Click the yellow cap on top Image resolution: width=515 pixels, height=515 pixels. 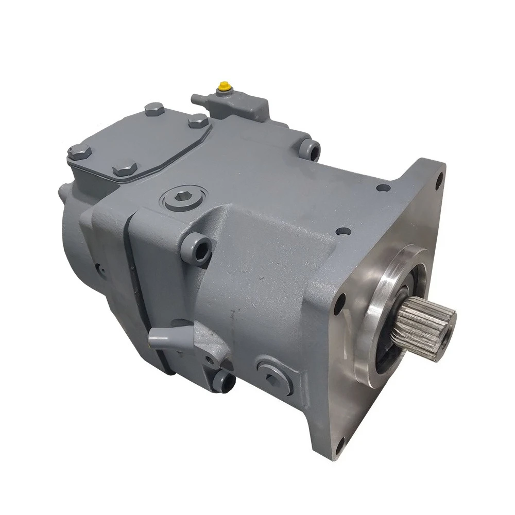(x=225, y=85)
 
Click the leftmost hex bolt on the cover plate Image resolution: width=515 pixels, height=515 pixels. (x=75, y=151)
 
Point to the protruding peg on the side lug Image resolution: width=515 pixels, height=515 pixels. (x=155, y=338)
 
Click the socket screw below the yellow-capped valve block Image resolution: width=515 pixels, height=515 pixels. (x=312, y=148)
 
